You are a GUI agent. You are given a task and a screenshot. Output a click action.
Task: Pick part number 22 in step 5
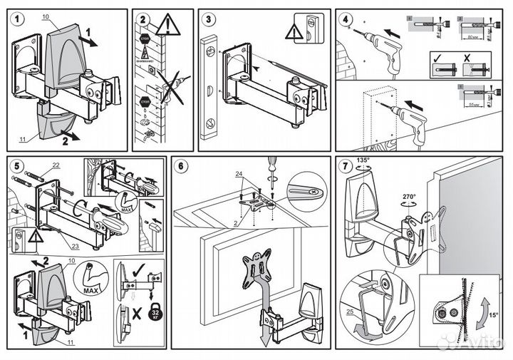point(56,166)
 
